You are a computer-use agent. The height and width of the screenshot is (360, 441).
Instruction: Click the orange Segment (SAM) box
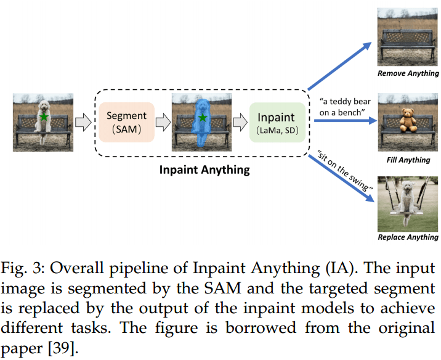pyautogui.click(x=126, y=121)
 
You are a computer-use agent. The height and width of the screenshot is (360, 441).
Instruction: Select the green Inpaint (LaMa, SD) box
pyautogui.click(x=276, y=123)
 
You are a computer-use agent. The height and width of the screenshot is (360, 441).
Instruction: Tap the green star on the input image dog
pyautogui.click(x=44, y=117)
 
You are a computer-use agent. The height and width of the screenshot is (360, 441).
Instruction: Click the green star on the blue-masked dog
pyautogui.click(x=201, y=117)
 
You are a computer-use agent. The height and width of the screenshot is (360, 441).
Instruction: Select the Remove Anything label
pyautogui.click(x=408, y=74)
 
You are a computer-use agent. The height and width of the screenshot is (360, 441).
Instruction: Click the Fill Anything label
pyautogui.click(x=408, y=160)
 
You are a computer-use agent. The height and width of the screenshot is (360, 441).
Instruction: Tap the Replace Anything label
pyautogui.click(x=408, y=237)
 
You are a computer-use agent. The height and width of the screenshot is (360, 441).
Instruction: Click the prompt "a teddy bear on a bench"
pyautogui.click(x=343, y=104)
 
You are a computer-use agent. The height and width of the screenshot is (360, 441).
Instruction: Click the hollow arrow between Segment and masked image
pyautogui.click(x=163, y=121)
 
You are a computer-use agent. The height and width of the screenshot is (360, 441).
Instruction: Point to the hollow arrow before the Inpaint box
pyautogui.click(x=240, y=121)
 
